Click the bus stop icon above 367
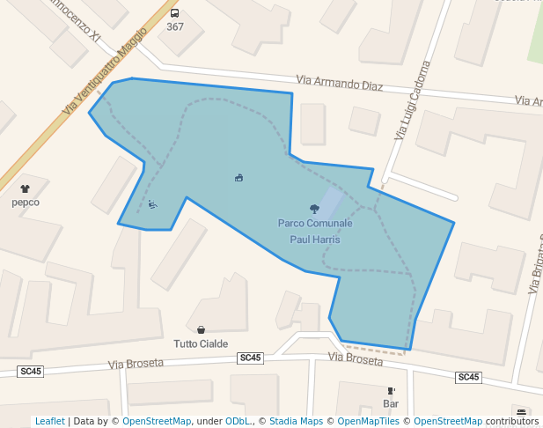(175, 13)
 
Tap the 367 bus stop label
(175, 26)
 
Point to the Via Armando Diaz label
(340, 84)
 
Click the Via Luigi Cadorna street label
(413, 101)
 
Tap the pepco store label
(25, 202)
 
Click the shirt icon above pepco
(25, 188)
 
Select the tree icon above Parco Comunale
(314, 209)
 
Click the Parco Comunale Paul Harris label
(315, 231)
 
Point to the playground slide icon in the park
(152, 204)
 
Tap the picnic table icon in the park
(238, 178)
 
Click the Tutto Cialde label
(201, 343)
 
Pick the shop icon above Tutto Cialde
(201, 329)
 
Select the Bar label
(391, 404)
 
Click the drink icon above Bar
(391, 390)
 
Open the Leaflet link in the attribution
(50, 421)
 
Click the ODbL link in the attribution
(238, 421)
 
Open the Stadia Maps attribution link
(296, 421)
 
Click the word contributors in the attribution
(512, 421)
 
